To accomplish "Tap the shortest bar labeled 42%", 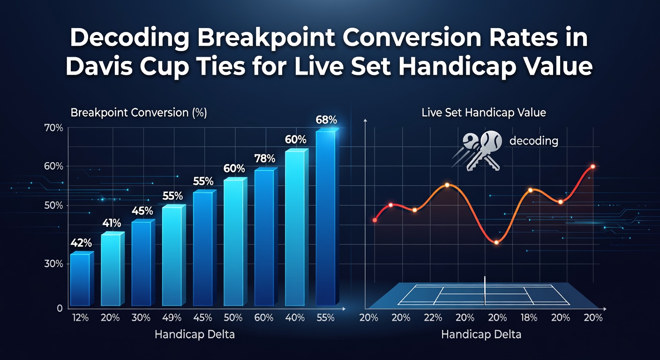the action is point(82,279).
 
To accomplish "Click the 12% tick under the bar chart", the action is point(80,317).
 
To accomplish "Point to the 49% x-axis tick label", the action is point(172,317).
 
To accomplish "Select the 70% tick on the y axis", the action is point(53,128).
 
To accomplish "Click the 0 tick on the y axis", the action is point(60,308).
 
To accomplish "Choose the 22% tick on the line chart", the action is point(433,317).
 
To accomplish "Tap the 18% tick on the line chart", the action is point(529,317).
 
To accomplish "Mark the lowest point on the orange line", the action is point(496,242).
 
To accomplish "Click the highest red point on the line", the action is point(593,167).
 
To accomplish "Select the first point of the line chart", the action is point(375,220).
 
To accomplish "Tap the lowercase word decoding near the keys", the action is point(534,141).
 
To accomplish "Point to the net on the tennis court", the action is point(485,291).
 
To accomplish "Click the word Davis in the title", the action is point(101,66).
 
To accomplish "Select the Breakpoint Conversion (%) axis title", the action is point(138,112).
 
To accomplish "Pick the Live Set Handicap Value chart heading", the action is point(484,112).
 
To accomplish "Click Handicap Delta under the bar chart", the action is point(195,334).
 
